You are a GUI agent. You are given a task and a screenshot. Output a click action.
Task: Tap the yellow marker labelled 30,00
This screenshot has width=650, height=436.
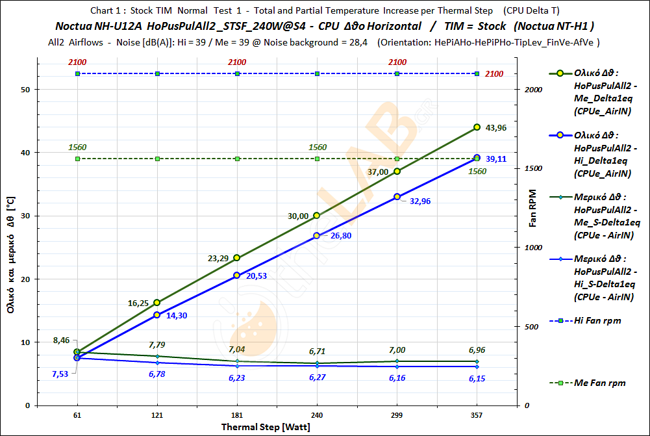[317, 215]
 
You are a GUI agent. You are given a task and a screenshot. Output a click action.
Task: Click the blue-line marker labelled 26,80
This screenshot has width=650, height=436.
[317, 235]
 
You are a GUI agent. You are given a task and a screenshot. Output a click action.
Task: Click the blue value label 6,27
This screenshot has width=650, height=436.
[318, 377]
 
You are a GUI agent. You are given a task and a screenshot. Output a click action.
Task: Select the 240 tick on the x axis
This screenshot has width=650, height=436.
[317, 415]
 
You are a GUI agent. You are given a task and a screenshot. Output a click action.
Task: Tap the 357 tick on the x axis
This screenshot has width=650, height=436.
[477, 415]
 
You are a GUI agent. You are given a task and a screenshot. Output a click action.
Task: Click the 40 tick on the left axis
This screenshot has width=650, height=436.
[26, 153]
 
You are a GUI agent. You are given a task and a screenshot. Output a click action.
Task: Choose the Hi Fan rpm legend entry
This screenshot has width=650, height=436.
[597, 320]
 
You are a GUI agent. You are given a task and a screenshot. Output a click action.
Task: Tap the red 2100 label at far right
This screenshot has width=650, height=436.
[494, 74]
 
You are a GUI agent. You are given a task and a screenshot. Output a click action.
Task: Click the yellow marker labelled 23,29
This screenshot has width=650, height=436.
[237, 258]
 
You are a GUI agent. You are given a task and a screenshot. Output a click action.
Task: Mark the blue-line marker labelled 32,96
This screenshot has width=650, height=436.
[397, 196]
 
